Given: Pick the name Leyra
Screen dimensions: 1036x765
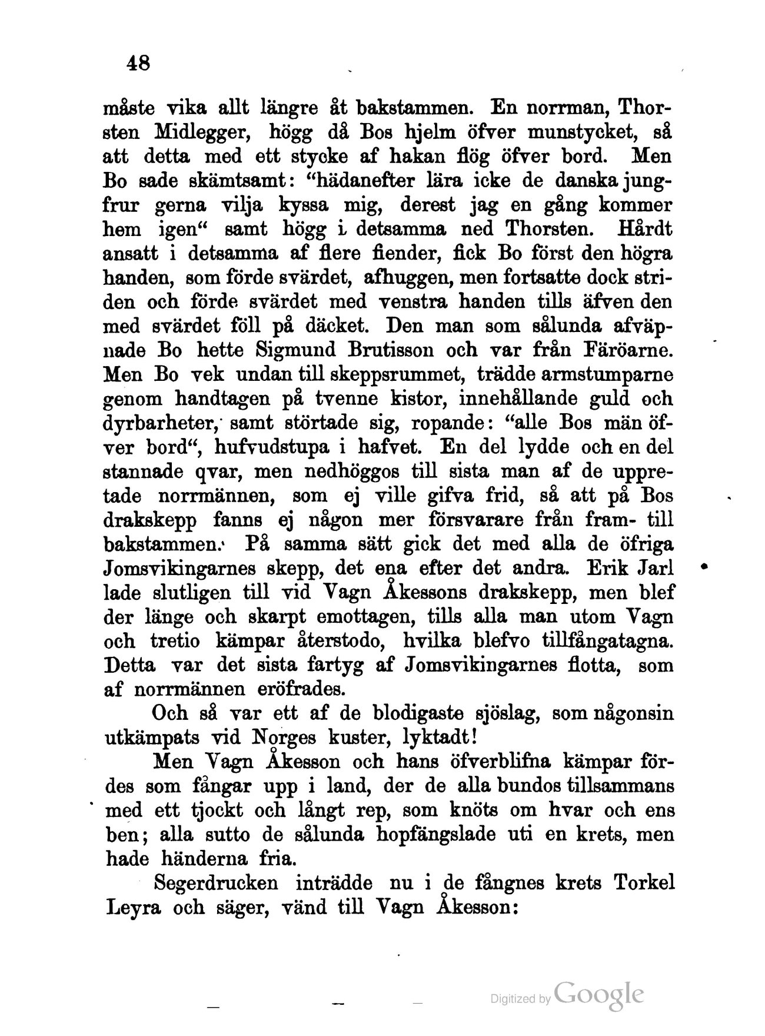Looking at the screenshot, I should point(133,908).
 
